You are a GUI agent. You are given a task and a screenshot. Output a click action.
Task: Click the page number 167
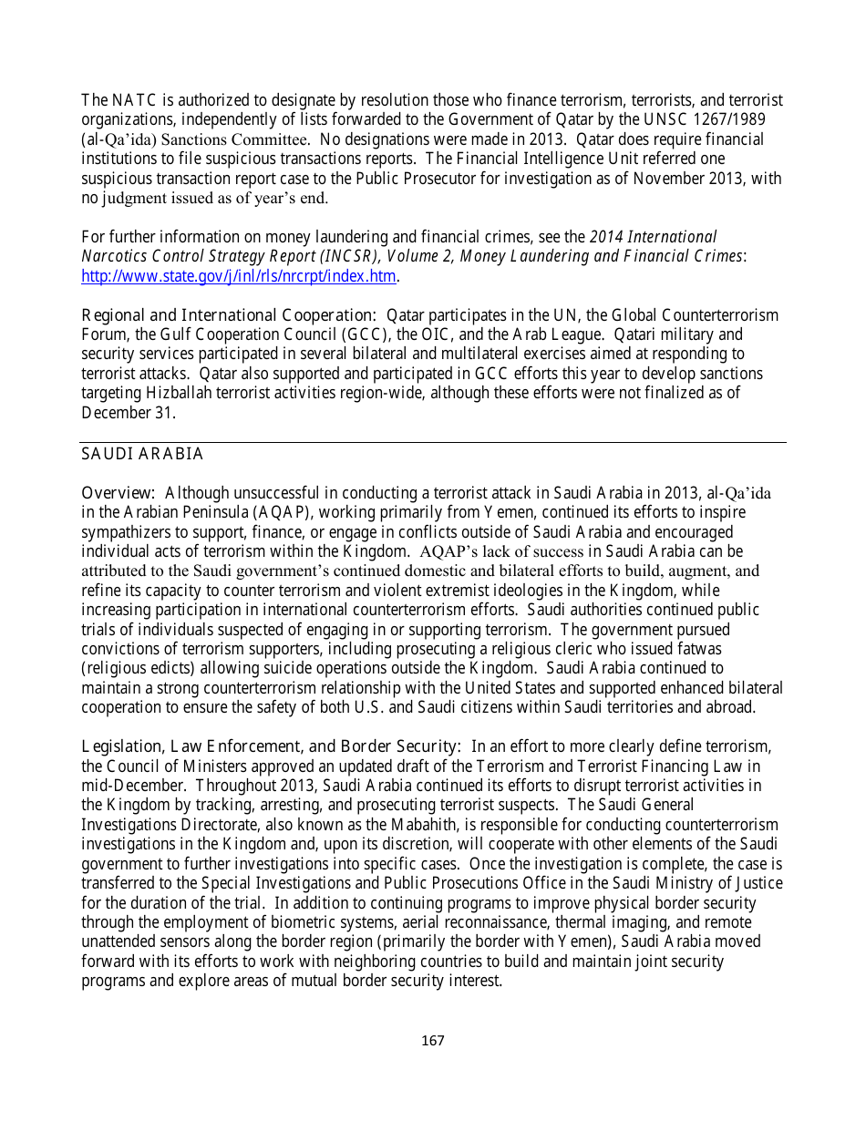[x=433, y=1040]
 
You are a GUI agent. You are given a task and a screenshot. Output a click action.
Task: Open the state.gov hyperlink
[x=239, y=276]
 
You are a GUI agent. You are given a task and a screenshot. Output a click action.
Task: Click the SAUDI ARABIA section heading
[x=142, y=454]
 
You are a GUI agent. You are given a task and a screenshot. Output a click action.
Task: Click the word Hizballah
[x=181, y=393]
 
